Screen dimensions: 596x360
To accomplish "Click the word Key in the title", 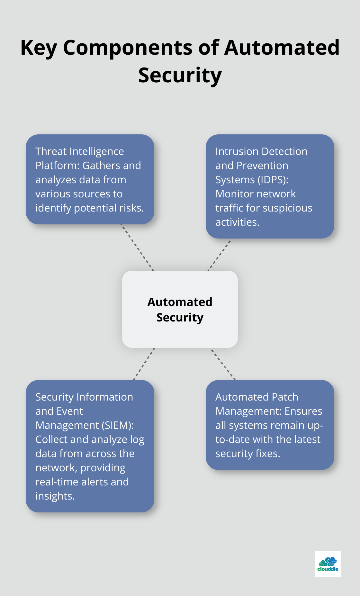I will (39, 48).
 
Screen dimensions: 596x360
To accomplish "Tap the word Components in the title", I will (128, 48).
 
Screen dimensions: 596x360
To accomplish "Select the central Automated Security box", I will (180, 309).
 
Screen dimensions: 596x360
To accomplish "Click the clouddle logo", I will (328, 564).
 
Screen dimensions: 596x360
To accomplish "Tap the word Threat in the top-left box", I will (51, 151).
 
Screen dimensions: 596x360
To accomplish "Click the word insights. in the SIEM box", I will (55, 496).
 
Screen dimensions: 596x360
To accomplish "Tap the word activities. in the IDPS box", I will (237, 222).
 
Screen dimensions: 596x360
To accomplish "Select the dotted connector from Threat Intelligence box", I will (137, 248).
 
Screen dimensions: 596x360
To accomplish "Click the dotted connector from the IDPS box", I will (220, 255).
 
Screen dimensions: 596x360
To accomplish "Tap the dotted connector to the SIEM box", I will (144, 364).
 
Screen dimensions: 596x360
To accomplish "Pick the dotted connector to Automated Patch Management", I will (222, 364).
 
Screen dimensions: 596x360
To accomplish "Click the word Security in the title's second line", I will (180, 75).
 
